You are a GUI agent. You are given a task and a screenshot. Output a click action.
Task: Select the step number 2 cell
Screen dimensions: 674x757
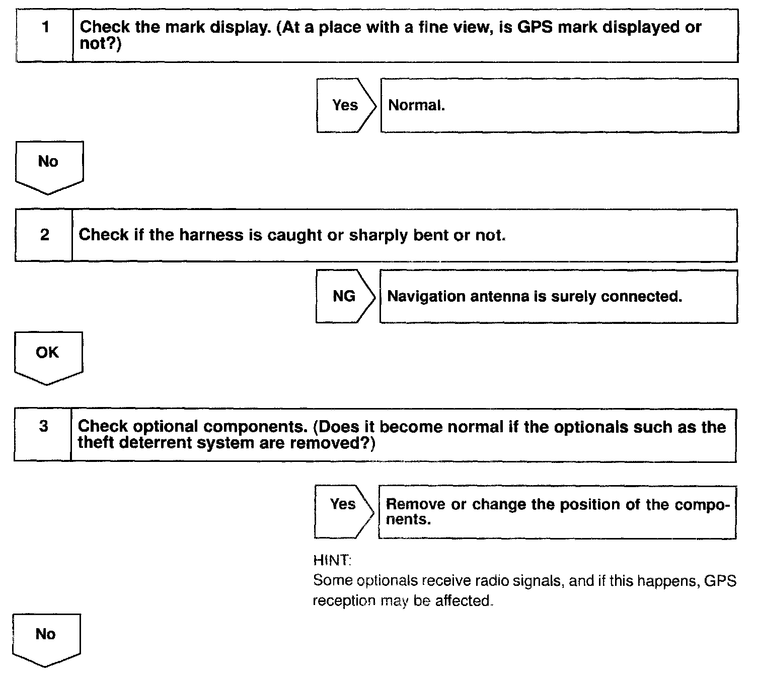pos(45,235)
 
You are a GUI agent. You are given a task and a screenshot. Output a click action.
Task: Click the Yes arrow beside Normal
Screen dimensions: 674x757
pos(345,105)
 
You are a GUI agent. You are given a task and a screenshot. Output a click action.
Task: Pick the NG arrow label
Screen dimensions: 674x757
pos(344,296)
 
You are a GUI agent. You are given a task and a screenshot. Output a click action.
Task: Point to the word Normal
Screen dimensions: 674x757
pos(416,105)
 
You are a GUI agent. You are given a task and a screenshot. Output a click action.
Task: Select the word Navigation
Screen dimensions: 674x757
pos(427,296)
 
